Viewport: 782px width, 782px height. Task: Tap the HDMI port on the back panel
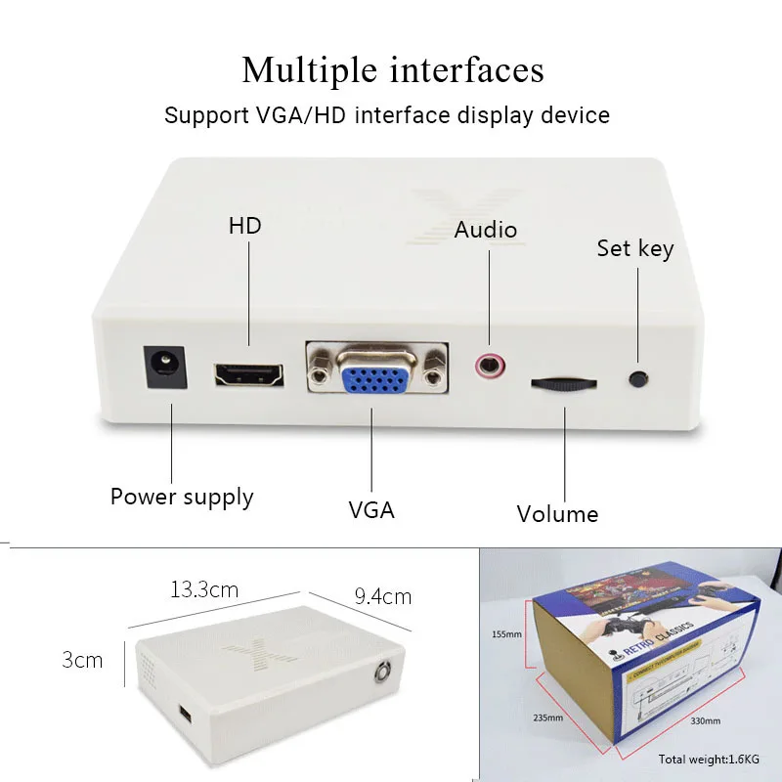pyautogui.click(x=248, y=374)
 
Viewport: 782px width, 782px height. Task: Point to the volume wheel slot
pyautogui.click(x=563, y=382)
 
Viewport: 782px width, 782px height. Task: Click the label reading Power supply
pyautogui.click(x=182, y=497)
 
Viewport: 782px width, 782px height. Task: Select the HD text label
pyautogui.click(x=245, y=226)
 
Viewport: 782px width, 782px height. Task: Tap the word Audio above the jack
pyautogui.click(x=486, y=231)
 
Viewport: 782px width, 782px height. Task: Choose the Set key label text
pyautogui.click(x=635, y=249)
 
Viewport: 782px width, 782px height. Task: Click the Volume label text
pyautogui.click(x=557, y=514)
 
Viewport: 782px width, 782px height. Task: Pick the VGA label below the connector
pyautogui.click(x=371, y=509)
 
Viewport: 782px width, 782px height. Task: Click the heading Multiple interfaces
pyautogui.click(x=393, y=70)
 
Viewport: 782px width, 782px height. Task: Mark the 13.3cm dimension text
pyautogui.click(x=204, y=589)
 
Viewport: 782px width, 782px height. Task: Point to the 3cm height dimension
pyautogui.click(x=82, y=660)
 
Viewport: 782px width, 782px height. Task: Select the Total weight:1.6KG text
pyautogui.click(x=708, y=759)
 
